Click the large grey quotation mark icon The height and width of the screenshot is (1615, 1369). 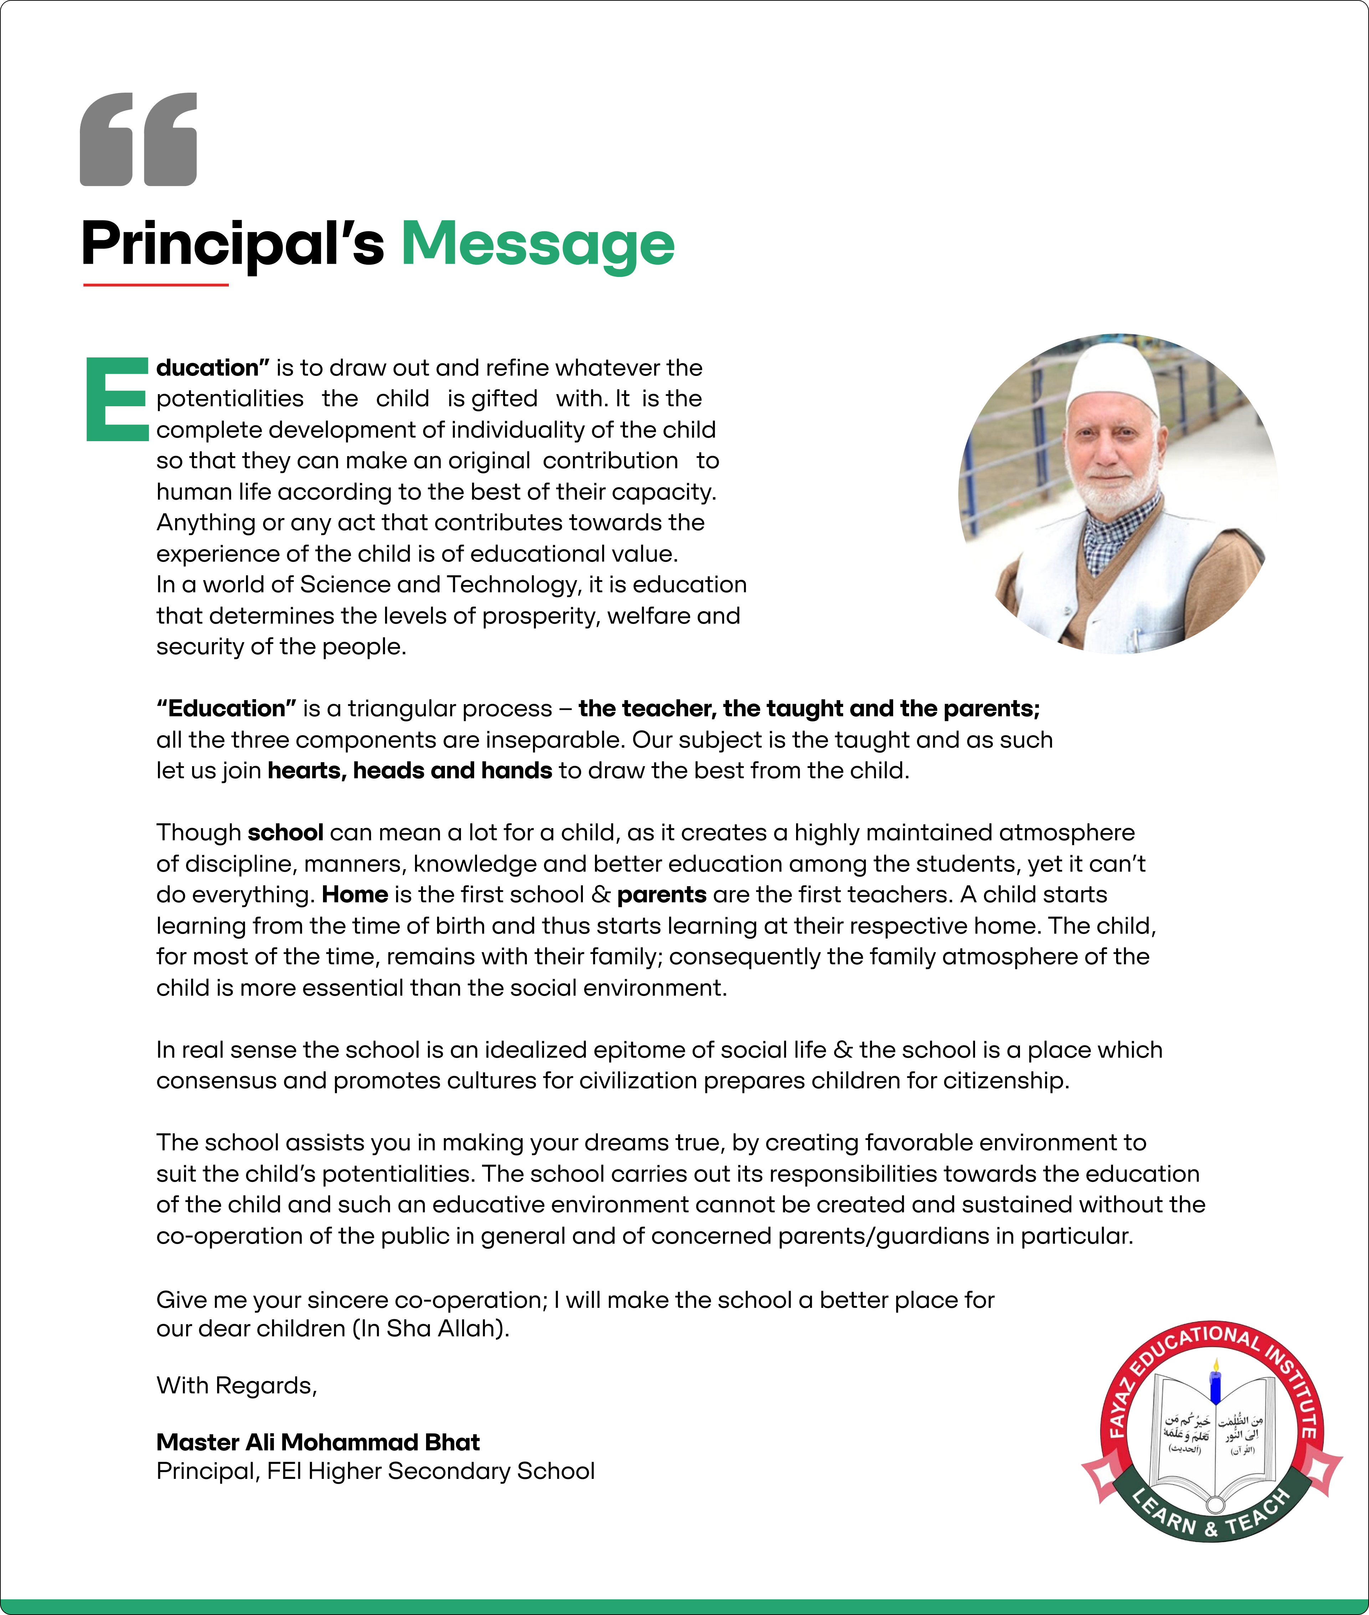(x=138, y=140)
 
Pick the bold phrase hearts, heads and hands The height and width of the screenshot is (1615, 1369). (x=410, y=770)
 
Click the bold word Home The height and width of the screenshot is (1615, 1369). (x=355, y=894)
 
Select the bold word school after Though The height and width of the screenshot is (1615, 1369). (x=286, y=832)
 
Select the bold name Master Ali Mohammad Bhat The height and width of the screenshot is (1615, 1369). (x=318, y=1442)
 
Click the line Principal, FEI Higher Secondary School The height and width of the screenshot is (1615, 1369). (x=376, y=1471)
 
